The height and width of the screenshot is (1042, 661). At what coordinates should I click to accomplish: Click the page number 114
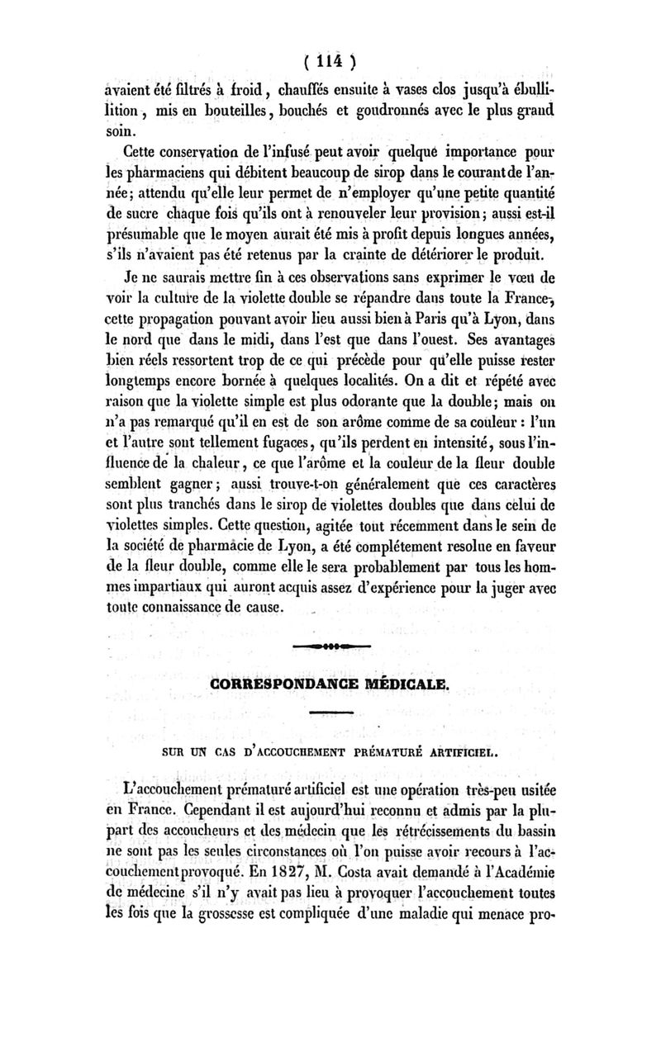click(330, 62)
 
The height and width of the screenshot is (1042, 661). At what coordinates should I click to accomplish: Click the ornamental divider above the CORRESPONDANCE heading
click(330, 644)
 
